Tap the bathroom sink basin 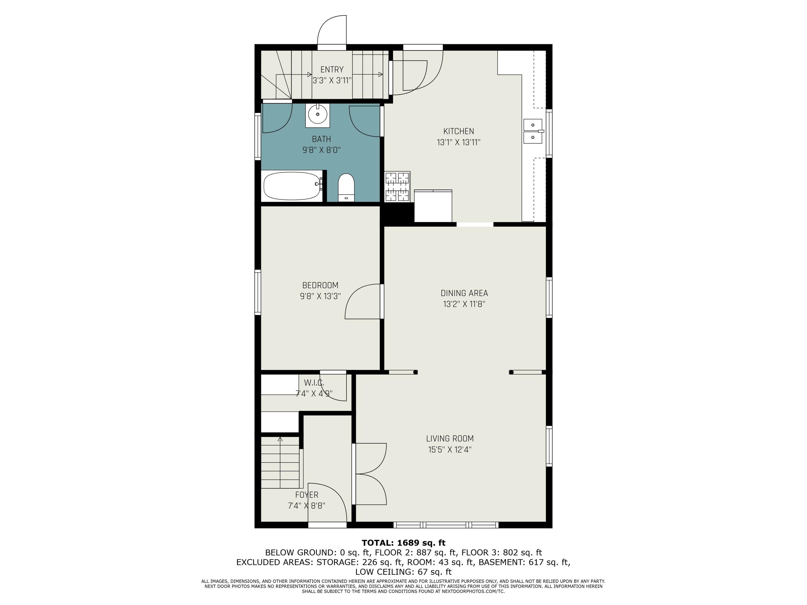click(318, 114)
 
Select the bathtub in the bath click(293, 186)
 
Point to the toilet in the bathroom click(346, 187)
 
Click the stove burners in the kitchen click(397, 186)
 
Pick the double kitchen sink click(533, 131)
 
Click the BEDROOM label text click(320, 285)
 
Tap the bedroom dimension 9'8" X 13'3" click(320, 296)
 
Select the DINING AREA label click(464, 293)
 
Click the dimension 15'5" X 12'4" click(450, 449)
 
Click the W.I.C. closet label click(314, 383)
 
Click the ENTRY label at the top click(332, 69)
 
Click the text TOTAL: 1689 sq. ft click(403, 543)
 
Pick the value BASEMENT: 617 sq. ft click(524, 562)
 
